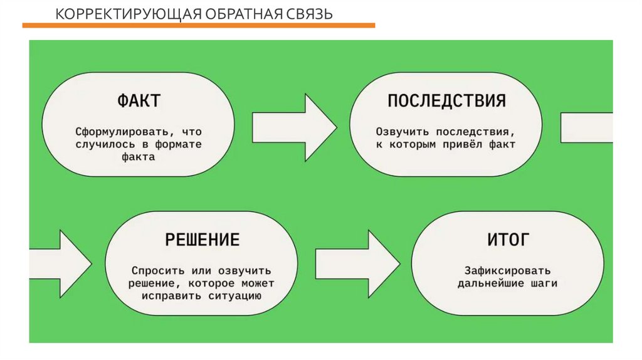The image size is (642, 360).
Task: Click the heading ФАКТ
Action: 138,100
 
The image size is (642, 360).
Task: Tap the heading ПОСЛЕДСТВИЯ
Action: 446,100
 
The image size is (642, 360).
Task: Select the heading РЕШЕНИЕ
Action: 203,239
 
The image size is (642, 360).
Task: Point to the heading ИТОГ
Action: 508,239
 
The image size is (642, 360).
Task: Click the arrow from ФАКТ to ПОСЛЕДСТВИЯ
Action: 293,128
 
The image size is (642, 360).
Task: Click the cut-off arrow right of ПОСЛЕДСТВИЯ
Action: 586,127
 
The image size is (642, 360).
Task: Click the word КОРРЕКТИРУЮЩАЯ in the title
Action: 100,13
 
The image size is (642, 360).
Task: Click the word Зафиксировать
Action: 508,270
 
